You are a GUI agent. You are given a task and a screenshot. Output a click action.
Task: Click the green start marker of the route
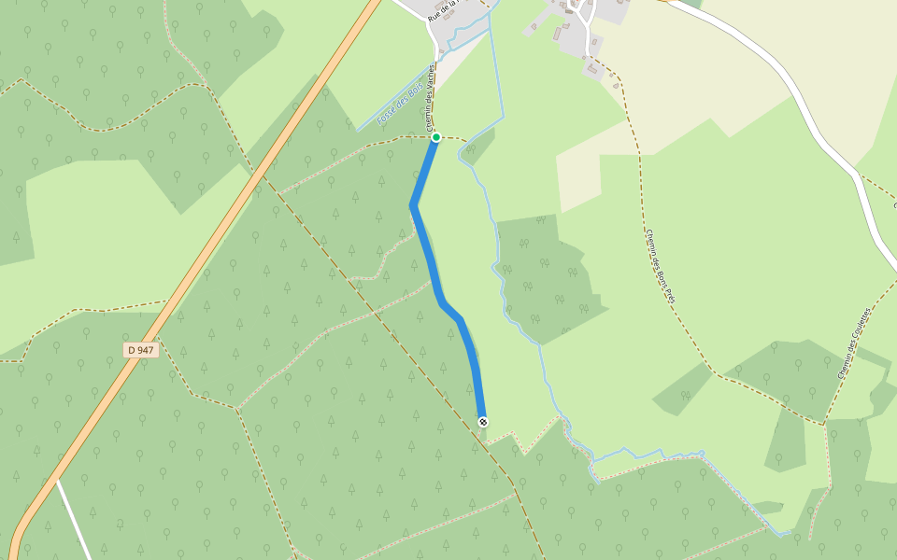[x=435, y=137]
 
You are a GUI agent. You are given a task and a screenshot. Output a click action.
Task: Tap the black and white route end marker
[x=483, y=422]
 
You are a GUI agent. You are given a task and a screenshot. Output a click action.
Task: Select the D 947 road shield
[x=140, y=350]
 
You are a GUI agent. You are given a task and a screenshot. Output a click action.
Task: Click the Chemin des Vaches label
[x=431, y=97]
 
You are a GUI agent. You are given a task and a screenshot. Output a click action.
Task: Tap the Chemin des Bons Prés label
[x=660, y=267]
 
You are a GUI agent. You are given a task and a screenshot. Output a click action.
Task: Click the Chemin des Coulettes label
[x=854, y=342]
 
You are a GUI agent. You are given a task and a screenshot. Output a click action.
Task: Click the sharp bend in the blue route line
[x=412, y=204]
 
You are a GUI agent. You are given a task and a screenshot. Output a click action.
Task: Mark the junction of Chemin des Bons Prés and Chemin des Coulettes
[x=824, y=424]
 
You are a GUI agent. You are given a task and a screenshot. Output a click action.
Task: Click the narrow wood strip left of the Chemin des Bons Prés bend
[x=683, y=388]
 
